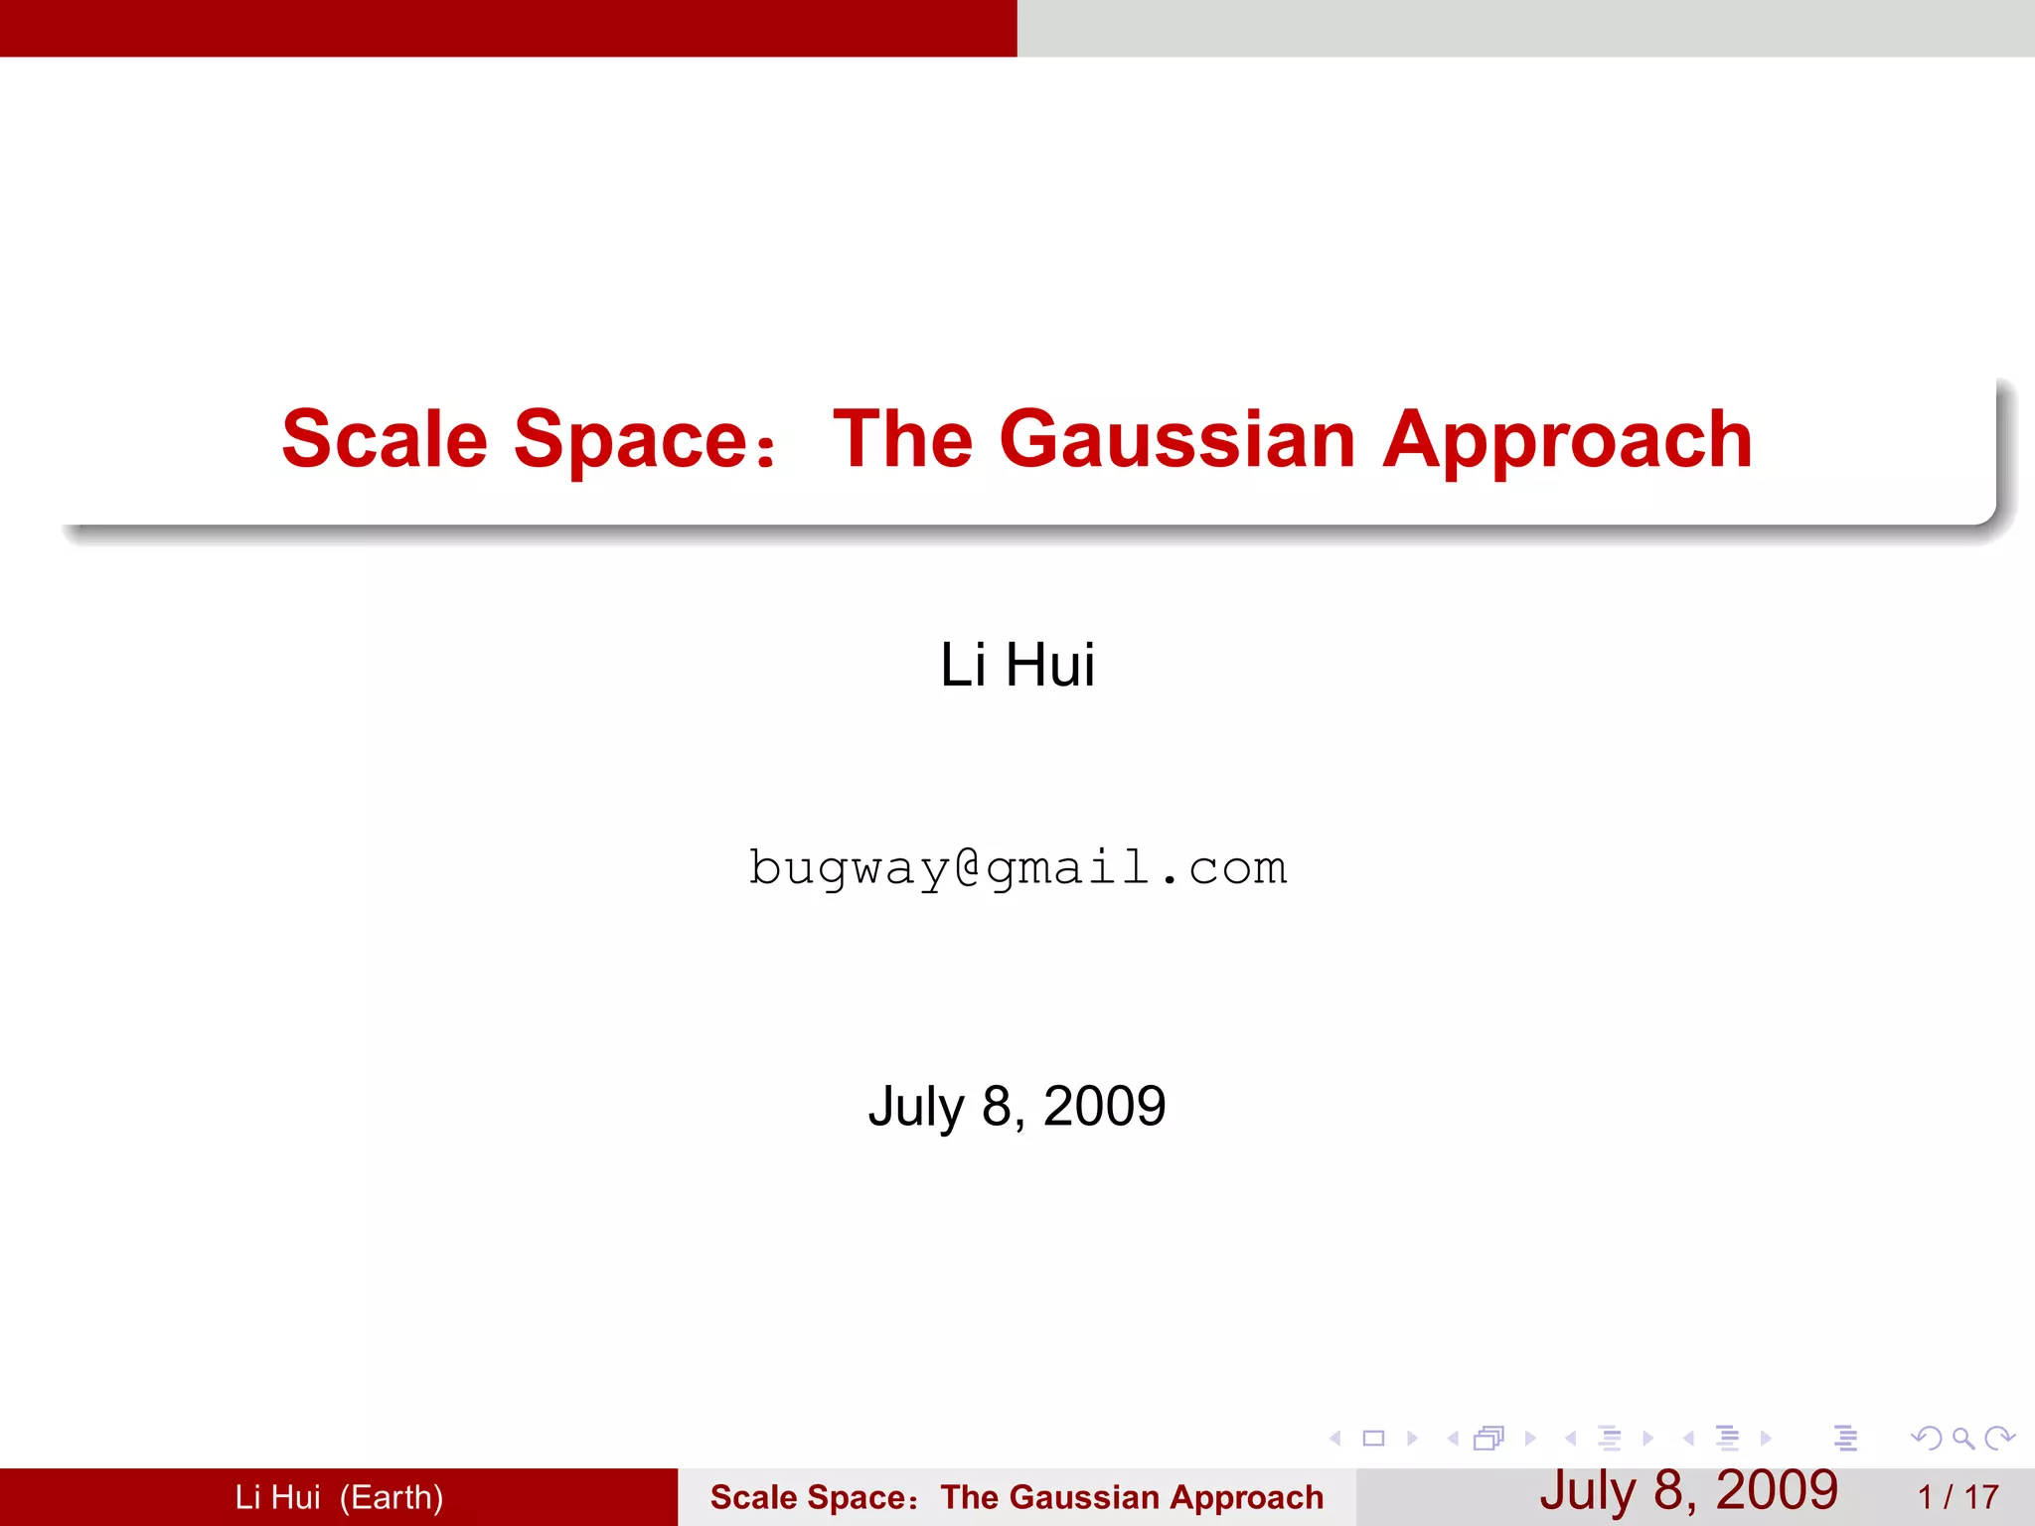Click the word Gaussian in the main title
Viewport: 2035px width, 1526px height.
click(x=1176, y=439)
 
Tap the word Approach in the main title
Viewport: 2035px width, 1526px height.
click(x=1567, y=439)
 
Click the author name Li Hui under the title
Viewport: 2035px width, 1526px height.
click(x=1017, y=665)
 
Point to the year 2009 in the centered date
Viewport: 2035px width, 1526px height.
click(x=1104, y=1106)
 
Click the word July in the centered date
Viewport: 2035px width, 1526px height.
click(x=915, y=1106)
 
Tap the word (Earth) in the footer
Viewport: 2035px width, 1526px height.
click(x=391, y=1497)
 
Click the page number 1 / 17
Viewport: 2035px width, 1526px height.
click(x=1957, y=1497)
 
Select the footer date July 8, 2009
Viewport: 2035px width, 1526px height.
click(x=1688, y=1490)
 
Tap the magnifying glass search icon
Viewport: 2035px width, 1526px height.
click(x=1962, y=1438)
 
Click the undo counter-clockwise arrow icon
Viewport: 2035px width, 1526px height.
click(x=1927, y=1438)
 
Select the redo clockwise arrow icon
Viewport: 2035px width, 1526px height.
click(x=1999, y=1438)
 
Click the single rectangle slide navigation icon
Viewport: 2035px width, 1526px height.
click(x=1373, y=1438)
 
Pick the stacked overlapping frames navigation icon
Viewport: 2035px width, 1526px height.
click(x=1488, y=1438)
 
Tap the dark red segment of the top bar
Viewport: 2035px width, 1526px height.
click(x=508, y=28)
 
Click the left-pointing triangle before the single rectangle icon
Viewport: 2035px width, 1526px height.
click(x=1335, y=1438)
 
